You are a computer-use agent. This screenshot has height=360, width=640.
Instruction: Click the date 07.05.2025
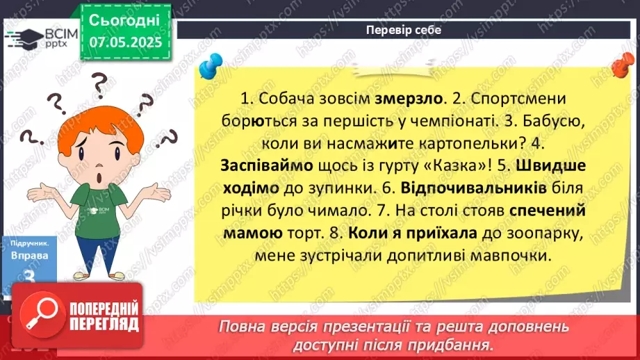[x=126, y=42]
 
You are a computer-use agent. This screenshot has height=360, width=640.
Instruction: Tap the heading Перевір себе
[x=403, y=31]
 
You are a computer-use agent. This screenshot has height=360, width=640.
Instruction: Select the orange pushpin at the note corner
[x=621, y=67]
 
